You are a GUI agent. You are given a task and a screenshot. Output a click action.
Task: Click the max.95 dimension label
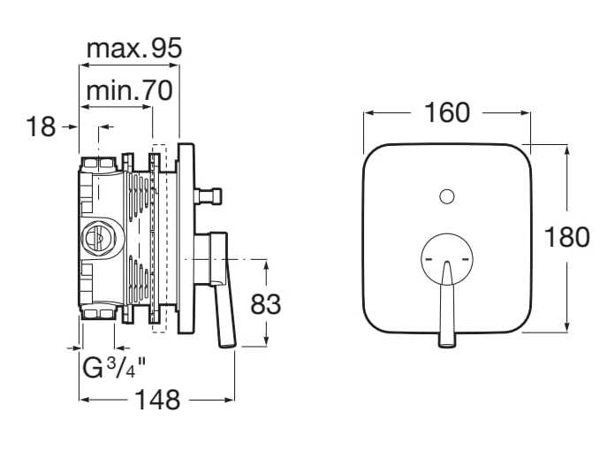point(133,49)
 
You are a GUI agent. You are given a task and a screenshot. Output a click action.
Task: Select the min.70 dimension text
point(129,90)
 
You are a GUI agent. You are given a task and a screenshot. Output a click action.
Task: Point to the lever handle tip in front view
point(447,341)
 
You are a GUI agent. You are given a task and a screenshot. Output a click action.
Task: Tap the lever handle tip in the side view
point(228,344)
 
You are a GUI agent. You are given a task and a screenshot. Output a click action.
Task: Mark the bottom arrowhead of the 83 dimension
point(266,342)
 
